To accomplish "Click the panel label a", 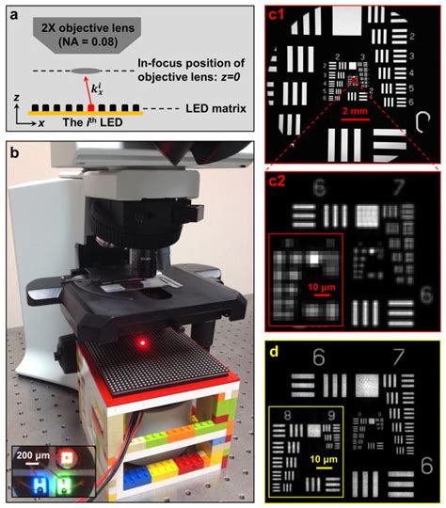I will (12, 12).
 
